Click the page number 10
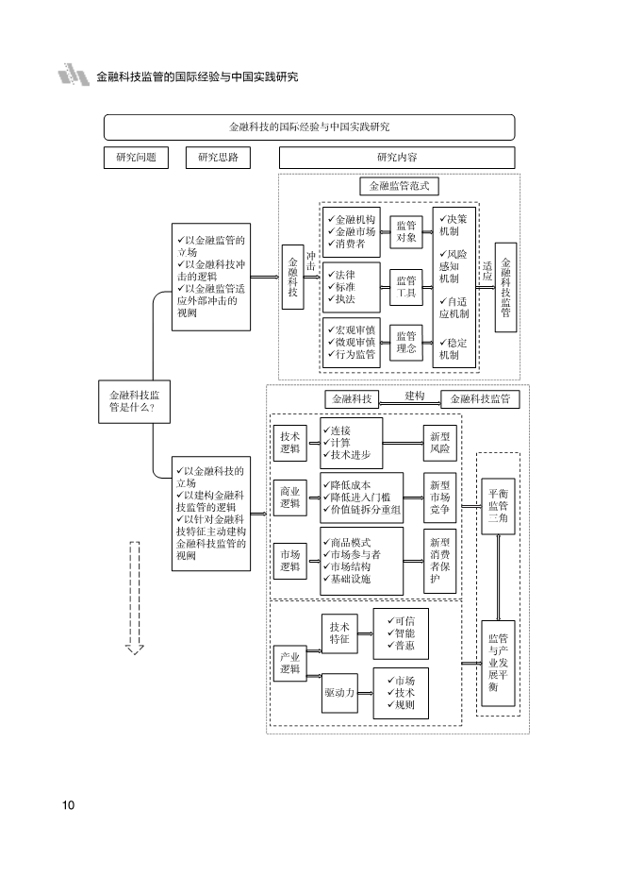68,805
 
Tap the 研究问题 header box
136,157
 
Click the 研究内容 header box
397,157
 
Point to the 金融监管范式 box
399,187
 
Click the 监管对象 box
406,231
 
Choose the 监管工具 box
406,287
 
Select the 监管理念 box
406,341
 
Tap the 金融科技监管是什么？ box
134,401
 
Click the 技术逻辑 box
290,443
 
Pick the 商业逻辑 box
290,498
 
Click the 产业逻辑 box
290,663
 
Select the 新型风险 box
439,443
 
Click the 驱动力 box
338,693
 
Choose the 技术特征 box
339,632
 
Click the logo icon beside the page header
74,75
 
